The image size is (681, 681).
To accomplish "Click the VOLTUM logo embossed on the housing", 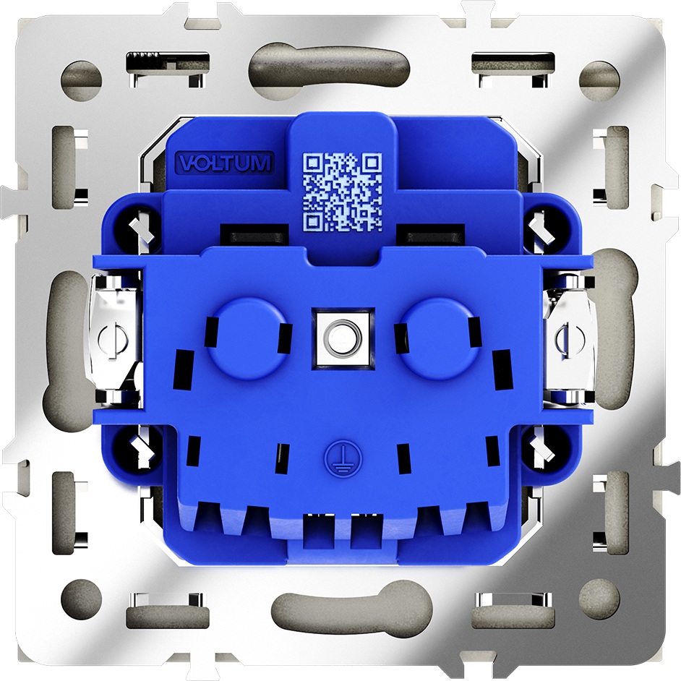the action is [x=224, y=163].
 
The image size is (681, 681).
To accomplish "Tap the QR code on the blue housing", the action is [x=342, y=192].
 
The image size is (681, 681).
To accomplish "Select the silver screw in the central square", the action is [x=343, y=338].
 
